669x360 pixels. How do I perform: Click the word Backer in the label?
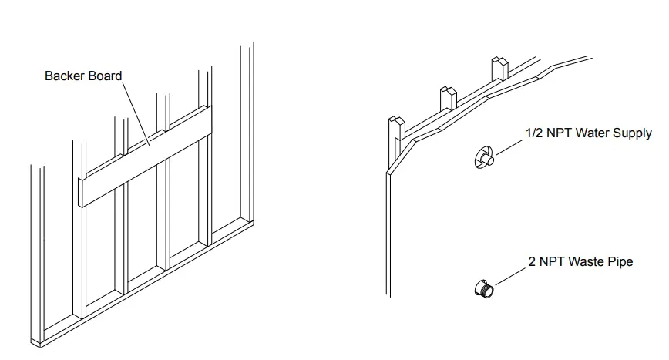[63, 76]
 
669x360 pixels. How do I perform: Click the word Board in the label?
[106, 76]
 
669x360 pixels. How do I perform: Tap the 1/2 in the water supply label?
[534, 133]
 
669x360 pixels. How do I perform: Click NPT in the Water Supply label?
[561, 133]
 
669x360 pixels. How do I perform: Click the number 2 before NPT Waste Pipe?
[532, 262]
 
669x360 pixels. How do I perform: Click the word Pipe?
[620, 262]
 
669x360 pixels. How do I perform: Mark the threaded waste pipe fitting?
[484, 288]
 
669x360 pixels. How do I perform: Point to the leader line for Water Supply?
[508, 147]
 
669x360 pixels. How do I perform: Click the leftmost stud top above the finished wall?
[396, 126]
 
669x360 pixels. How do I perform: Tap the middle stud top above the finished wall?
[448, 97]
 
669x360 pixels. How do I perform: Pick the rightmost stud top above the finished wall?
[499, 67]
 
